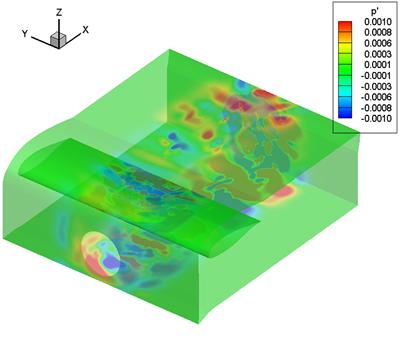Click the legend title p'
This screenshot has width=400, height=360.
click(x=374, y=11)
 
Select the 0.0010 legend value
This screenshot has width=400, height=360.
click(x=378, y=22)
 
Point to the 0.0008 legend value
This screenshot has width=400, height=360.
click(x=378, y=33)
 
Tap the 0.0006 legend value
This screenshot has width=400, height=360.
click(x=378, y=43)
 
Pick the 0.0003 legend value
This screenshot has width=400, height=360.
click(x=378, y=54)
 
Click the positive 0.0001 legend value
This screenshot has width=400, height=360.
click(x=378, y=65)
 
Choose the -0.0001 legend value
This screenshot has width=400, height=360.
click(x=376, y=76)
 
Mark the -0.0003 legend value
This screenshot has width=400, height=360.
click(x=376, y=86)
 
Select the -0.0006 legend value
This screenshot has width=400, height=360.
click(x=376, y=97)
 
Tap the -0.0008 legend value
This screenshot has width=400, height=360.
click(x=376, y=108)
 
